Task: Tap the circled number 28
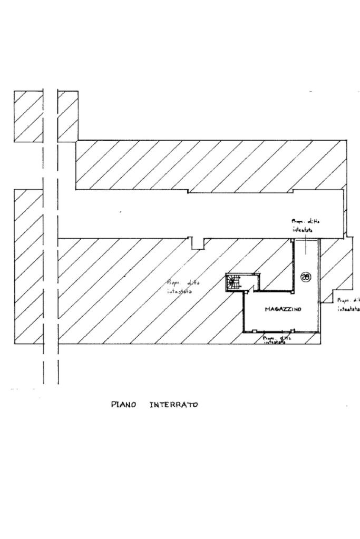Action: [x=306, y=276]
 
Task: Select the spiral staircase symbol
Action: [x=232, y=282]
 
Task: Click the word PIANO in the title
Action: [x=123, y=405]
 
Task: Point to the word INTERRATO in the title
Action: [x=173, y=405]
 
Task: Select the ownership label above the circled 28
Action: [x=305, y=226]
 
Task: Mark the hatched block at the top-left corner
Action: [x=28, y=116]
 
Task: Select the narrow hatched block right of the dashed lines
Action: [x=67, y=116]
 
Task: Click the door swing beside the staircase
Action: [x=256, y=282]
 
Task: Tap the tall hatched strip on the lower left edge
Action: [x=28, y=266]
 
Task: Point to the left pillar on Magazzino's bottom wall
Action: [x=254, y=331]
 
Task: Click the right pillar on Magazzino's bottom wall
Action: [x=293, y=331]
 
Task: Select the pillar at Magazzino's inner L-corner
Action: [x=294, y=290]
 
